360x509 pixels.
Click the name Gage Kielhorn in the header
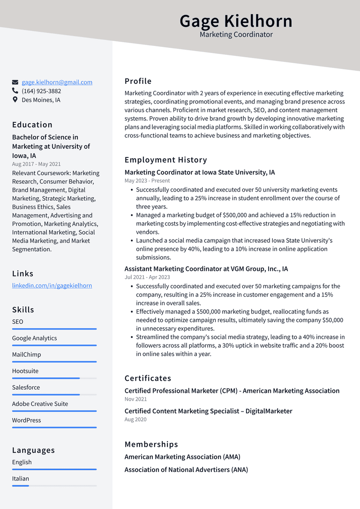[x=236, y=21]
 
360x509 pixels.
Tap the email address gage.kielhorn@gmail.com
[x=57, y=82]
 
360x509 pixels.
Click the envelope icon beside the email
[x=15, y=82]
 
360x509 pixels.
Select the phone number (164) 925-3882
[x=41, y=91]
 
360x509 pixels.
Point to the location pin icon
[x=15, y=100]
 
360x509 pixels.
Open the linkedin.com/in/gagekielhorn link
[x=52, y=285]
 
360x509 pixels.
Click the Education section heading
[x=32, y=125]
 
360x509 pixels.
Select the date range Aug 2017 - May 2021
[x=37, y=164]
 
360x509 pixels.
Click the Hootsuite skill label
[x=25, y=371]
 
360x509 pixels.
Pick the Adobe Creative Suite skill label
[x=40, y=404]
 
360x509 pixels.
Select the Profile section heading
[x=138, y=81]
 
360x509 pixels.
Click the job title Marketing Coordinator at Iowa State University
[x=200, y=172]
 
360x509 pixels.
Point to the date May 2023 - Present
[x=147, y=180]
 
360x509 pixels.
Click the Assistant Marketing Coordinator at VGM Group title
[x=206, y=269]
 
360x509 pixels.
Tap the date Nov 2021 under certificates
[x=135, y=399]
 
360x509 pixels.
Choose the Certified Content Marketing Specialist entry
[x=208, y=411]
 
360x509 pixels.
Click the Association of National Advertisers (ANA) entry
[x=186, y=470]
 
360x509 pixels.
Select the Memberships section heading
[x=151, y=444]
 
